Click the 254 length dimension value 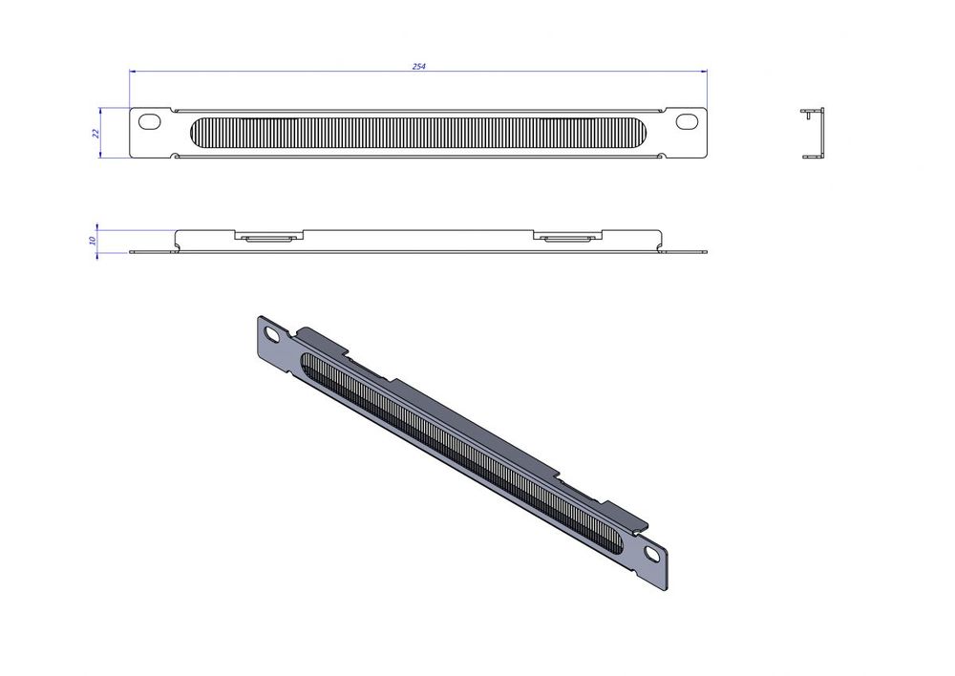(x=419, y=67)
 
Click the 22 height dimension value (x=95, y=133)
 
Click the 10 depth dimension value (x=93, y=241)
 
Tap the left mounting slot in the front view (x=149, y=121)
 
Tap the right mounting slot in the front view (x=687, y=121)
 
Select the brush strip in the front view (x=418, y=132)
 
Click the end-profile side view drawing (x=813, y=133)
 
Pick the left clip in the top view (x=269, y=237)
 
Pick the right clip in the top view (x=567, y=237)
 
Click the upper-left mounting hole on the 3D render (x=271, y=334)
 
